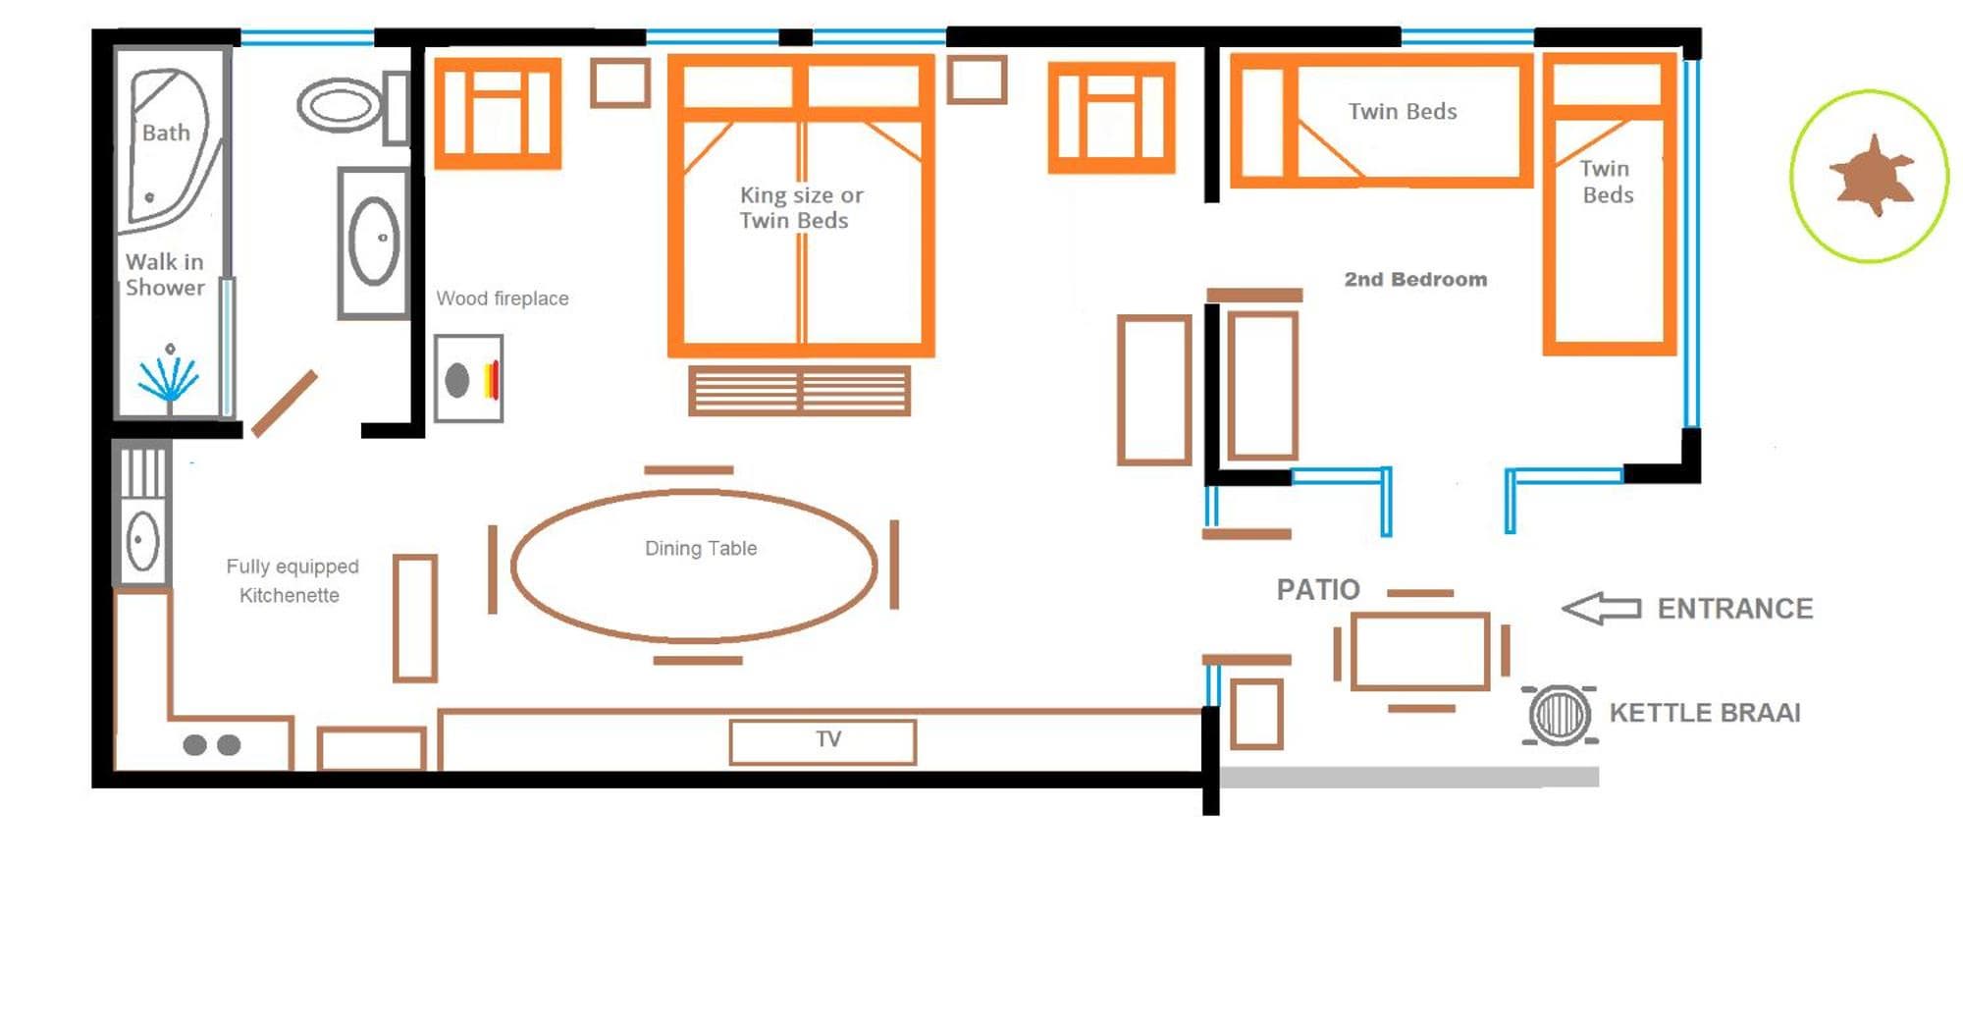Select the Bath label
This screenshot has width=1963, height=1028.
pyautogui.click(x=166, y=133)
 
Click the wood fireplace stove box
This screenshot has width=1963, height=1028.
pyautogui.click(x=469, y=379)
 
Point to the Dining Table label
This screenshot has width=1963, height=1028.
pyautogui.click(x=701, y=548)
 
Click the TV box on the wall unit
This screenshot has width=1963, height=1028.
pyautogui.click(x=823, y=741)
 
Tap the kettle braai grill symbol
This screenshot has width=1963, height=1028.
pyautogui.click(x=1560, y=714)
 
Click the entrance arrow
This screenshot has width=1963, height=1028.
pyautogui.click(x=1601, y=608)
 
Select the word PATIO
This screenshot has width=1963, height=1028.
pyautogui.click(x=1318, y=589)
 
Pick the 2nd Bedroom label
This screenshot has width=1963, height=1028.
pyautogui.click(x=1415, y=279)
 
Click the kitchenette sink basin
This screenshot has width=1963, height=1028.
pyautogui.click(x=143, y=541)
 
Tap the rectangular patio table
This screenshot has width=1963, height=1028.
pyautogui.click(x=1420, y=651)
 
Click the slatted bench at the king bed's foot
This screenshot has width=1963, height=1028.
pyautogui.click(x=800, y=391)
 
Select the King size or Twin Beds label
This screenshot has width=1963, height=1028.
pyautogui.click(x=801, y=207)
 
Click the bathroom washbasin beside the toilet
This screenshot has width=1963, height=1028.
pyautogui.click(x=374, y=242)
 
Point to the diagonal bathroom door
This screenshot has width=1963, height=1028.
pyautogui.click(x=285, y=404)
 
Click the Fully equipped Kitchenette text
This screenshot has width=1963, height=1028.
pyautogui.click(x=292, y=580)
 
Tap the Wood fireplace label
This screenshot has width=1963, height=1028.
pyautogui.click(x=503, y=298)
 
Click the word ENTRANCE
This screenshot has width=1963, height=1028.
pyautogui.click(x=1735, y=609)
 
